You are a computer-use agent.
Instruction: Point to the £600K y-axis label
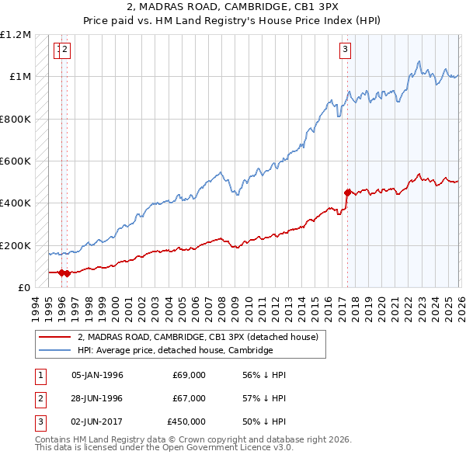[16, 161]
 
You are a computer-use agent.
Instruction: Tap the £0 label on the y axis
[23, 288]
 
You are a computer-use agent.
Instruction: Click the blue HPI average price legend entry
[176, 351]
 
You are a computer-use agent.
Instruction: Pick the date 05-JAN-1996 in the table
[97, 375]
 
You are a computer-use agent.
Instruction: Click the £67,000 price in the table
[190, 398]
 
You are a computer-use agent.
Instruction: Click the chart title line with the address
[233, 8]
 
